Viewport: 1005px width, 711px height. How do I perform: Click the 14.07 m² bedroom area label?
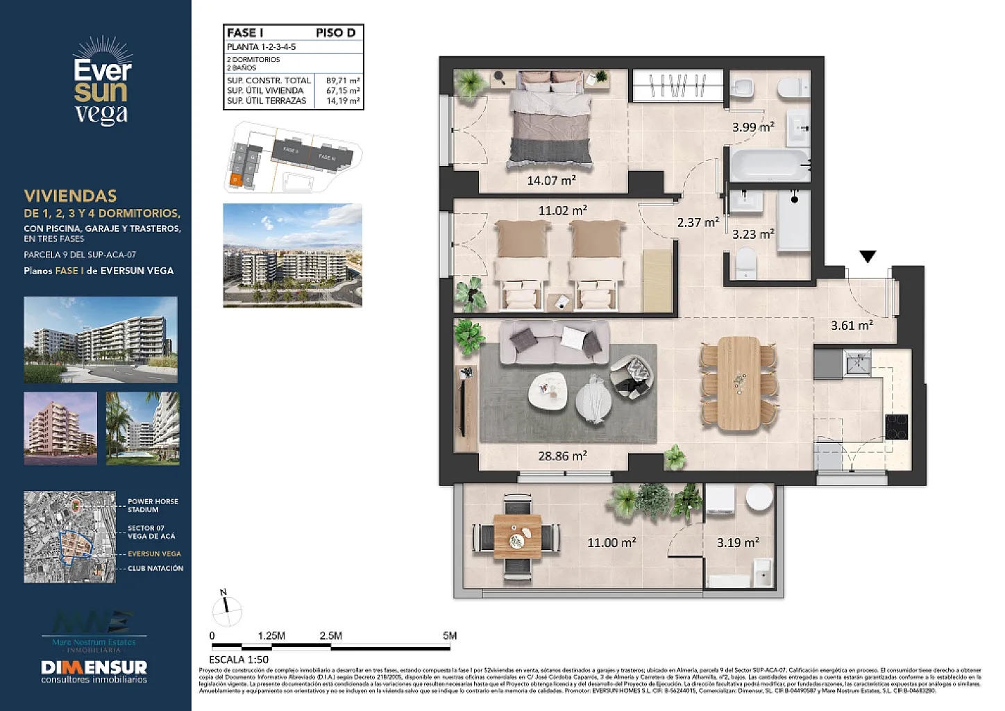(x=551, y=181)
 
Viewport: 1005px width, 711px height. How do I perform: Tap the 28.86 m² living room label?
(x=562, y=456)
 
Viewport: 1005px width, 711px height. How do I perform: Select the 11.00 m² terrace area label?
(x=611, y=542)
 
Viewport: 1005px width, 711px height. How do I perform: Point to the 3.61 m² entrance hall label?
(x=852, y=325)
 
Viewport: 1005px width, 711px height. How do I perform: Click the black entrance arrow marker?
(x=868, y=257)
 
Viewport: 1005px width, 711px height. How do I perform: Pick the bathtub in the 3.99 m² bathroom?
(x=769, y=165)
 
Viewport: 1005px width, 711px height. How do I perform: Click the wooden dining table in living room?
(x=739, y=383)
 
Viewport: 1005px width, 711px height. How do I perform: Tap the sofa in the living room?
(x=554, y=342)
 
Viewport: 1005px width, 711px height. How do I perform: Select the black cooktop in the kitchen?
(x=896, y=426)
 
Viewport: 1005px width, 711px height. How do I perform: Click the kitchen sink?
(x=857, y=362)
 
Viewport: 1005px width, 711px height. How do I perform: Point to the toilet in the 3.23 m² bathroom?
(x=745, y=264)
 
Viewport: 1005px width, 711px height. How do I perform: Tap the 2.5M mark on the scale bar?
(x=330, y=636)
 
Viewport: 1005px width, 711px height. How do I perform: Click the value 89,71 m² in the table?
(x=343, y=81)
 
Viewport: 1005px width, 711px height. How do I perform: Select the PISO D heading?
(x=335, y=33)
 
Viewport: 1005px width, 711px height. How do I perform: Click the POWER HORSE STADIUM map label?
(x=153, y=505)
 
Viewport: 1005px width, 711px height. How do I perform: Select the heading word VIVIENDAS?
(x=70, y=196)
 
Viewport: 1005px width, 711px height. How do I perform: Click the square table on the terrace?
(x=517, y=537)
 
